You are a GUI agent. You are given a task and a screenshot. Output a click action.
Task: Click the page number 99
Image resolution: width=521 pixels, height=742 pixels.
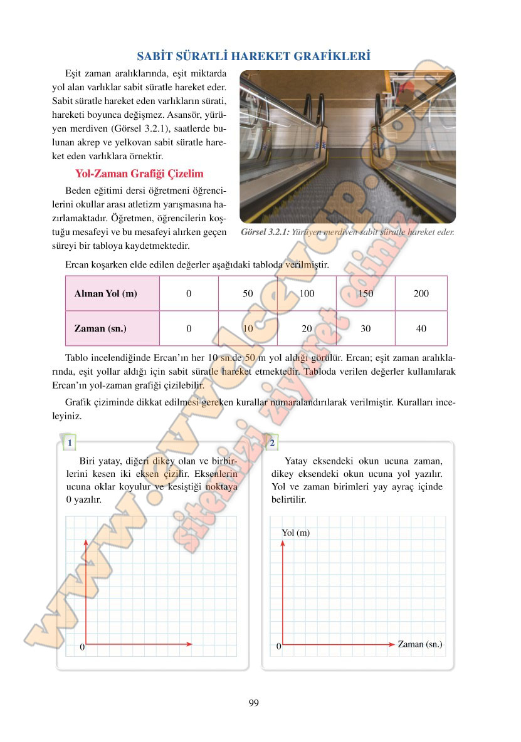[x=253, y=703]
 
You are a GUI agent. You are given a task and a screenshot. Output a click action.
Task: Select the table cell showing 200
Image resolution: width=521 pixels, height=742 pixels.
[x=421, y=293]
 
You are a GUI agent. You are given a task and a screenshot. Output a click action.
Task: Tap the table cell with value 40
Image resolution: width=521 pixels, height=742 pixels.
[x=421, y=328]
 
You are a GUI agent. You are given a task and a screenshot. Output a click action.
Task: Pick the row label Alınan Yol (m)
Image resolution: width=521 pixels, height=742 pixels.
[x=106, y=293]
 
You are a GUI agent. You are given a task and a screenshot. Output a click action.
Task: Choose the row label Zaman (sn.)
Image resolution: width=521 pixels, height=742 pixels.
[x=100, y=328]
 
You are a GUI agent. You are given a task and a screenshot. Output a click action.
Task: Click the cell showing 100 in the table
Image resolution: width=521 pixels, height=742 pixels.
[x=307, y=293]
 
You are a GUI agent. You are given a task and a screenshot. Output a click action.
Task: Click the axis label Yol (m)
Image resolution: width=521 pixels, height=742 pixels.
[x=296, y=533]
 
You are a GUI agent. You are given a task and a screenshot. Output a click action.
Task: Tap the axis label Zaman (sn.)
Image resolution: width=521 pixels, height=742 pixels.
[x=420, y=644]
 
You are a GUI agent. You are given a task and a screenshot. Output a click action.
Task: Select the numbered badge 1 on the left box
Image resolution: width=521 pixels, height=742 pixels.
[x=69, y=444]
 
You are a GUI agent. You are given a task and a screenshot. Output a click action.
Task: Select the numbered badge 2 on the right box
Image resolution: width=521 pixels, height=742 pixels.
[x=272, y=444]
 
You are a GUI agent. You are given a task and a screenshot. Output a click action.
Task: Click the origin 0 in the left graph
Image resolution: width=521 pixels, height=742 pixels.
[x=82, y=647]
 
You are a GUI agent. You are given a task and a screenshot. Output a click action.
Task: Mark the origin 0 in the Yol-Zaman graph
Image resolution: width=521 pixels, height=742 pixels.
[x=278, y=646]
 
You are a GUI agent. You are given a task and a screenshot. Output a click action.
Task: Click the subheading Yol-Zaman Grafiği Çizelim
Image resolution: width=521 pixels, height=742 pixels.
[x=139, y=173]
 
